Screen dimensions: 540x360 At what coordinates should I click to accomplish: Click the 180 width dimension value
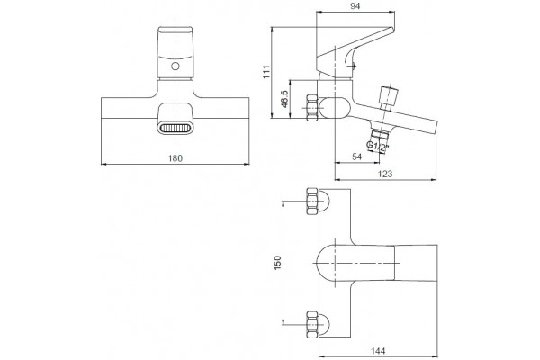[x=175, y=158]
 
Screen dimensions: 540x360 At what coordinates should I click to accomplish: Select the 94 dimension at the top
[x=355, y=6]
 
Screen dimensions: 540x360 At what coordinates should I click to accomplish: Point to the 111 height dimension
[x=267, y=72]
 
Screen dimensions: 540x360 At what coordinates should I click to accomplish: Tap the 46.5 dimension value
[x=284, y=99]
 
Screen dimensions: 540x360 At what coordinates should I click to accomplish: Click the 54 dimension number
[x=357, y=157]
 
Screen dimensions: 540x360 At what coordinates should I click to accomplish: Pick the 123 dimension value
[x=385, y=174]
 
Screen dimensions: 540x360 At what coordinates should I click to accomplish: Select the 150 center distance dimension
[x=277, y=263]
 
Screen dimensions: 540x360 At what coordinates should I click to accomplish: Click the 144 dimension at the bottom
[x=378, y=351]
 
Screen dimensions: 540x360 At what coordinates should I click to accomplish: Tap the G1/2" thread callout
[x=377, y=147]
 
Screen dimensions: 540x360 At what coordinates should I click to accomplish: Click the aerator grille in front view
[x=175, y=128]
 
